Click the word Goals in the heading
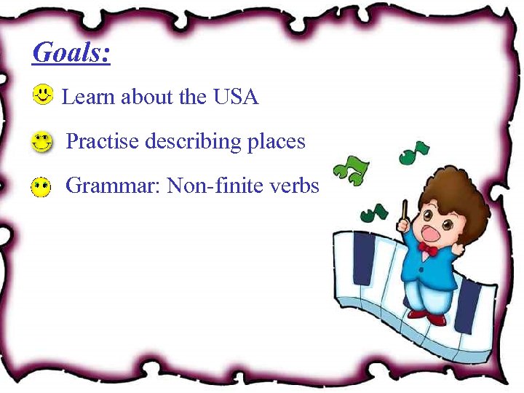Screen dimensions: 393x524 coord(71,53)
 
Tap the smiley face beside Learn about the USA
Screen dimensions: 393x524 coord(44,94)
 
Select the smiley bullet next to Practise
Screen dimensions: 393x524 coord(43,141)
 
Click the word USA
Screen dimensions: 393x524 coord(236,97)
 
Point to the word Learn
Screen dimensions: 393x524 coord(89,97)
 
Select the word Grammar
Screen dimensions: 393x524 coord(113,186)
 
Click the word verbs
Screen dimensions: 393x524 coord(296,186)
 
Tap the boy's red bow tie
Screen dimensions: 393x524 coord(428,249)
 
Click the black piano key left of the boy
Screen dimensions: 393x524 coord(363,258)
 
